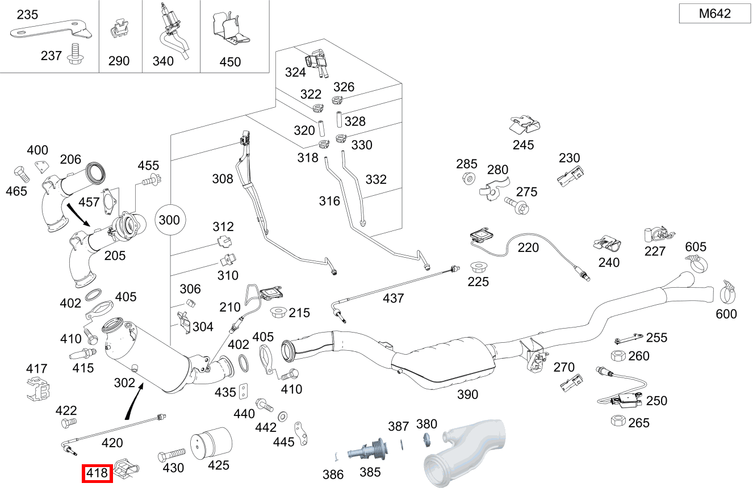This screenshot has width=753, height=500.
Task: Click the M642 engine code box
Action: click(x=714, y=14)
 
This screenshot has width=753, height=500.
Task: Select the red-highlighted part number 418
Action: click(x=98, y=473)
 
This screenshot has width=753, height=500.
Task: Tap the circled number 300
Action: click(x=169, y=220)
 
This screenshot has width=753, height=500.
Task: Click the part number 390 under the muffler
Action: click(x=467, y=394)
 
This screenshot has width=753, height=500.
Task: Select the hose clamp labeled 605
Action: click(x=697, y=262)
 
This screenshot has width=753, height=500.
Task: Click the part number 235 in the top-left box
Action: click(x=27, y=15)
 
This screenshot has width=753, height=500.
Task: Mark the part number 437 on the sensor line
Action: click(x=393, y=298)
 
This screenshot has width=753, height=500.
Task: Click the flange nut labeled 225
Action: click(x=478, y=266)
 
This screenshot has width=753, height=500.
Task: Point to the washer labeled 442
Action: click(x=282, y=417)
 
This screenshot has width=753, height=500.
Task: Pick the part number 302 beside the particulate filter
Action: click(x=124, y=383)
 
